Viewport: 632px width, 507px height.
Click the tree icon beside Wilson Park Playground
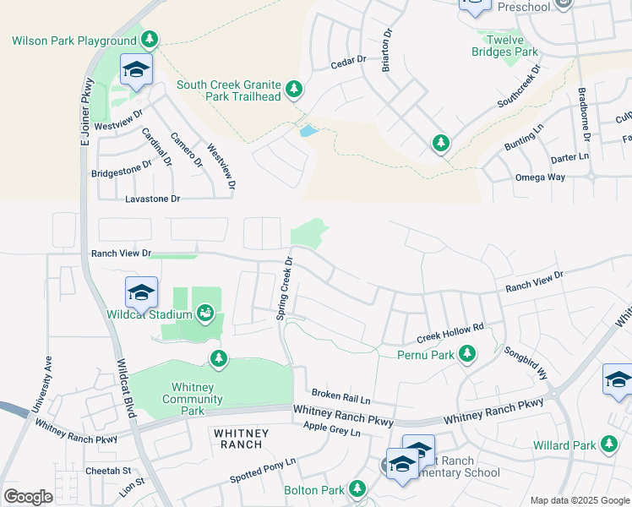point(150,40)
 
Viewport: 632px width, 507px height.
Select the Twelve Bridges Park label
point(504,45)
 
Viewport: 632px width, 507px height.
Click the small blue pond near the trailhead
point(308,131)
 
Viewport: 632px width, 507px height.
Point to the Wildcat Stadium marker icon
point(204,315)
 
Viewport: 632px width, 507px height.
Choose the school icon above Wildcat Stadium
point(141,292)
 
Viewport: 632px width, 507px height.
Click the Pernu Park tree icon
point(467,355)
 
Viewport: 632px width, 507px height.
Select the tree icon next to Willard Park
point(608,444)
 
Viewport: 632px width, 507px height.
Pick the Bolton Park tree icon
point(357,489)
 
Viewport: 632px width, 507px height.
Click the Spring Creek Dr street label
point(284,287)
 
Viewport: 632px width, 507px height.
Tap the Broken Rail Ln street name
point(341,395)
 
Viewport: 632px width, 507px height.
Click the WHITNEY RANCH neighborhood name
point(241,433)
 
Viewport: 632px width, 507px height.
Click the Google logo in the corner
point(27,496)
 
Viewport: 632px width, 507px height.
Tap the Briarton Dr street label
point(387,52)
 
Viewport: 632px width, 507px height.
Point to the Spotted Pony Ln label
point(263,472)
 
